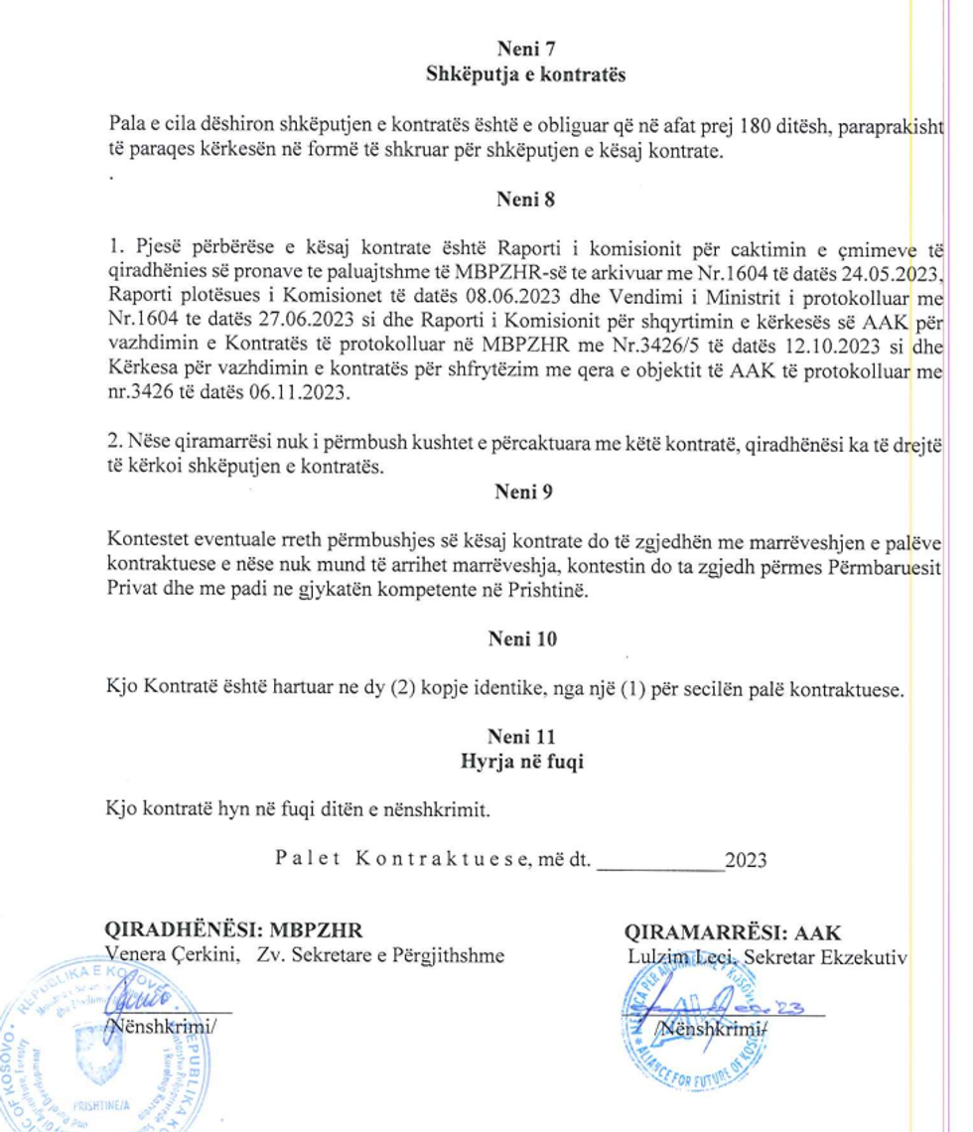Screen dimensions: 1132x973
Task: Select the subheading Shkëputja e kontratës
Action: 525,75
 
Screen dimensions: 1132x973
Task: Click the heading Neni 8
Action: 525,199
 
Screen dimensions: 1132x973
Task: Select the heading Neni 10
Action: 522,639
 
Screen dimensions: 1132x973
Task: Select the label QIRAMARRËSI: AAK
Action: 733,932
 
